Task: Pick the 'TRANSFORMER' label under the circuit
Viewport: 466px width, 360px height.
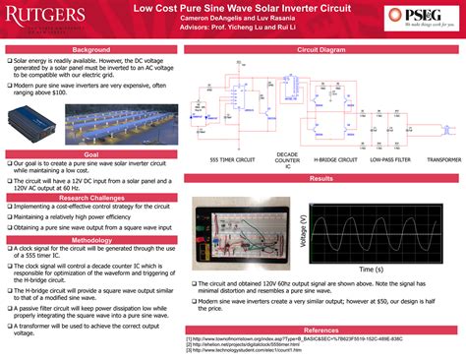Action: click(x=442, y=158)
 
